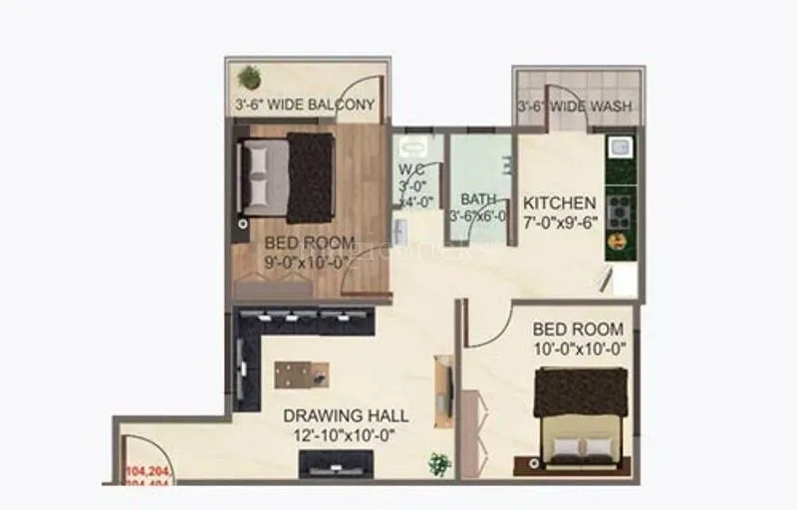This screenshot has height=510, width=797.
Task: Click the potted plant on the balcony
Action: tap(249, 77)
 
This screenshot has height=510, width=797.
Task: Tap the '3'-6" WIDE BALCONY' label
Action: tap(304, 104)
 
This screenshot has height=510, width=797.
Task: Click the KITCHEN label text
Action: tap(560, 202)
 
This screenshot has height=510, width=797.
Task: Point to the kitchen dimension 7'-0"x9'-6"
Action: tap(561, 222)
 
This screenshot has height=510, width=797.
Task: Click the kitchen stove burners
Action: tap(619, 211)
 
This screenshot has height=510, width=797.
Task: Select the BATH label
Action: tap(478, 198)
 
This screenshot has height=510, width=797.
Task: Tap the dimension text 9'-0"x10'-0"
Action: tap(307, 263)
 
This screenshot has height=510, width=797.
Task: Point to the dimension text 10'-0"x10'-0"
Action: tap(578, 348)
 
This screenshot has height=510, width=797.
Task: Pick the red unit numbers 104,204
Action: tap(146, 469)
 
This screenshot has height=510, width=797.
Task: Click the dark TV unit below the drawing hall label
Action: tap(336, 463)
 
